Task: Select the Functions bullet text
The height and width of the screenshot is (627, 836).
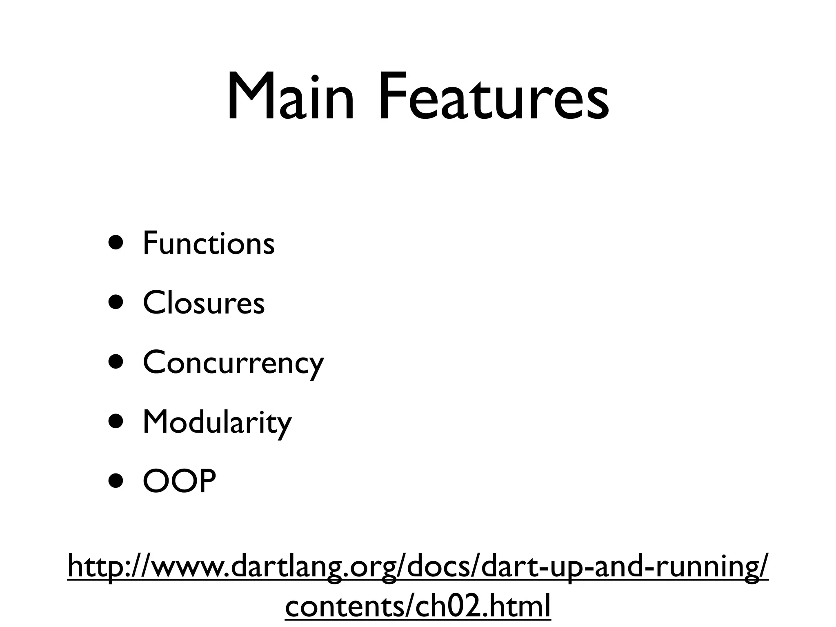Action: (209, 243)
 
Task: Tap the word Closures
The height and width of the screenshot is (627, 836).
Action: (204, 303)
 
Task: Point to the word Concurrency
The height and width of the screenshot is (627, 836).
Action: (233, 363)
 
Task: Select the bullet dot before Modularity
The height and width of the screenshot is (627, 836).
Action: (116, 422)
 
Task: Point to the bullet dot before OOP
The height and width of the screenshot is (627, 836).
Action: (116, 481)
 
